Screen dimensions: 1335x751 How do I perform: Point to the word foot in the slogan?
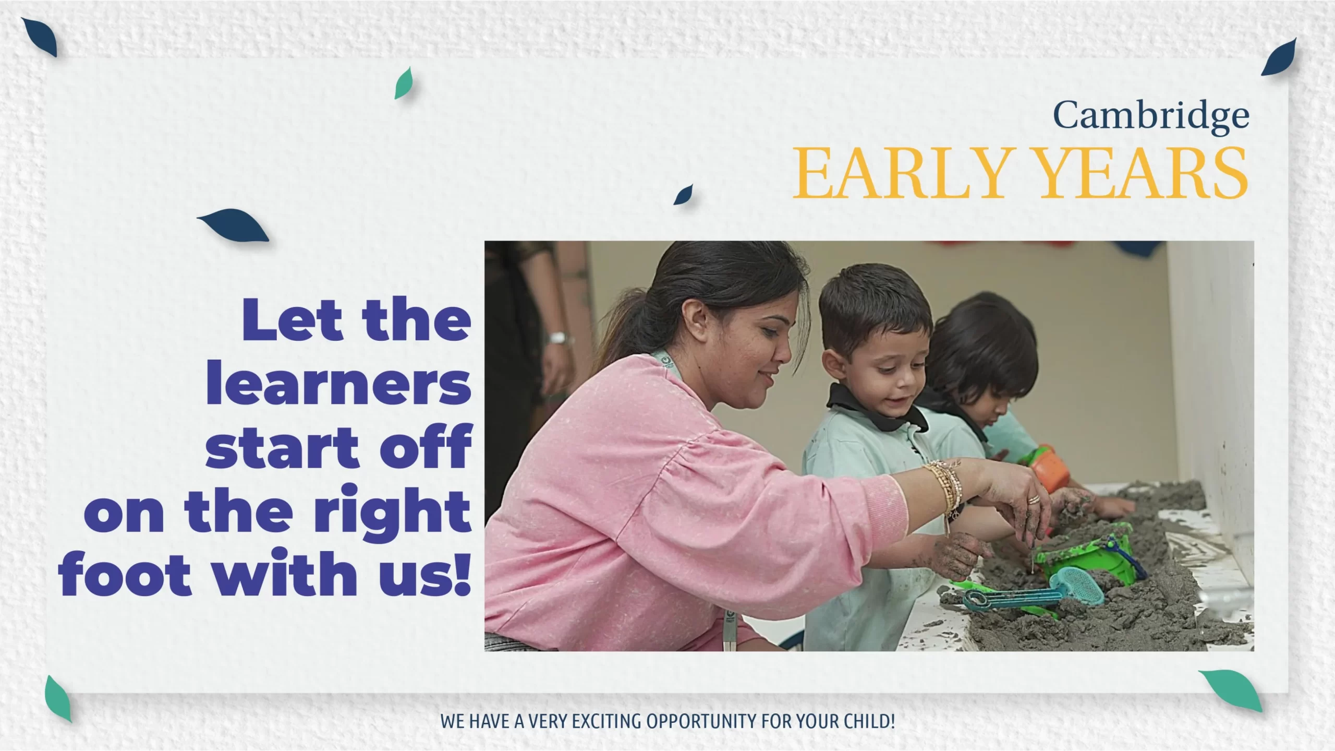point(125,572)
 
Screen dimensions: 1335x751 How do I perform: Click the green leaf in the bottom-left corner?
point(58,698)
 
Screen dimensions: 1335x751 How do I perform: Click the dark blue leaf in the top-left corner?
point(40,37)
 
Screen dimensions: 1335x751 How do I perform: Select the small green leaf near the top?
point(404,83)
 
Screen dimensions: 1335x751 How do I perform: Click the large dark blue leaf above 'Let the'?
point(233,224)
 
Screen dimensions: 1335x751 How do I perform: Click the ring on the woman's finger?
point(1033,499)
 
